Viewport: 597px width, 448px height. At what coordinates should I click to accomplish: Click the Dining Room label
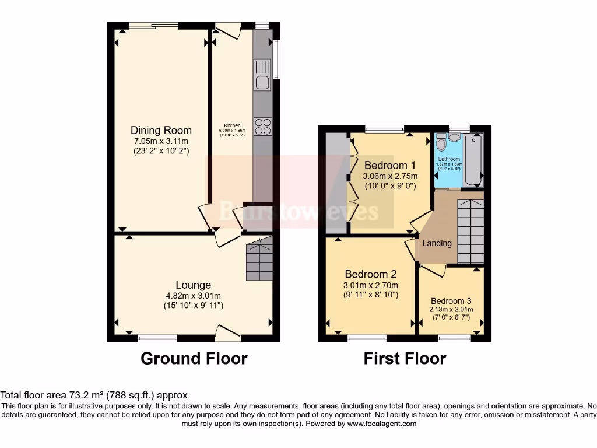click(161, 130)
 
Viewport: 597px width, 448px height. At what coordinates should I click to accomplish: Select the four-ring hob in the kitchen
click(262, 127)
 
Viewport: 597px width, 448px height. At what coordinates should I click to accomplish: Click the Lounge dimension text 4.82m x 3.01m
click(193, 296)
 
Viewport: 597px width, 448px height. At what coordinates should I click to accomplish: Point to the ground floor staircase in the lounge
click(259, 260)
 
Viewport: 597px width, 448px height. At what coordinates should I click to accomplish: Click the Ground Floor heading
click(194, 358)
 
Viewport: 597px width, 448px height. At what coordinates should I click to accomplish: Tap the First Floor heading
click(405, 358)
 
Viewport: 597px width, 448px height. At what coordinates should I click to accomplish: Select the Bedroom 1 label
click(389, 165)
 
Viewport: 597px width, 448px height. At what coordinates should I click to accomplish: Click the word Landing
click(437, 243)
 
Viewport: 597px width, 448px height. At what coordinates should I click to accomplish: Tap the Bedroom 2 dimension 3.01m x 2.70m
click(371, 285)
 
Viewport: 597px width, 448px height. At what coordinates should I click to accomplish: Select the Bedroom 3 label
click(451, 301)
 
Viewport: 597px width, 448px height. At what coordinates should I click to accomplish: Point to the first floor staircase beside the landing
click(470, 231)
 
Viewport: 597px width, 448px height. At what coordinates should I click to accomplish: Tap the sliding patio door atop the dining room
click(153, 25)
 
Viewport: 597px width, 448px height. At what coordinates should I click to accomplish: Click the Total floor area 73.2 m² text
click(94, 395)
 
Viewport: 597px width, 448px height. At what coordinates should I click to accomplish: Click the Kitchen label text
click(233, 125)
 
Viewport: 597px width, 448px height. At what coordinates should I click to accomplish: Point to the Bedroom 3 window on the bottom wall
click(455, 337)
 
